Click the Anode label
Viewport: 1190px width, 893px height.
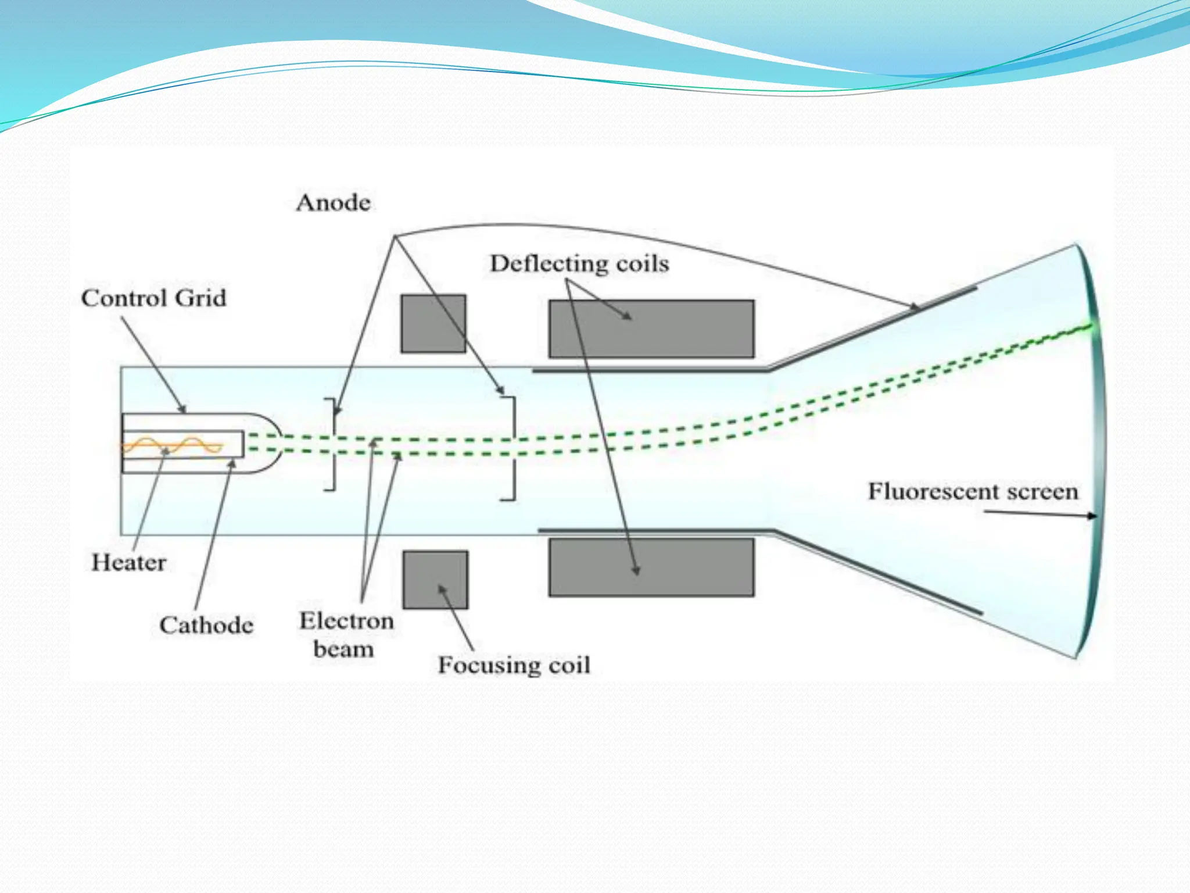pyautogui.click(x=333, y=203)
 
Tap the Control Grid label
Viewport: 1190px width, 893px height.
pyautogui.click(x=153, y=298)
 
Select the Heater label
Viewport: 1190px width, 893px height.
pyautogui.click(x=128, y=563)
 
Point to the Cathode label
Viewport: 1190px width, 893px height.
pyautogui.click(x=206, y=626)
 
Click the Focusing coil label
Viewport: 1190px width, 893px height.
pyautogui.click(x=514, y=665)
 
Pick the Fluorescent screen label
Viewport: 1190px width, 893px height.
pyautogui.click(x=973, y=492)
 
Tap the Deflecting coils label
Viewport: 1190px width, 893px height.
pyautogui.click(x=579, y=264)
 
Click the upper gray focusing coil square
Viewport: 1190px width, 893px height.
pyautogui.click(x=433, y=323)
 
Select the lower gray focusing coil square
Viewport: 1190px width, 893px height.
pyautogui.click(x=435, y=580)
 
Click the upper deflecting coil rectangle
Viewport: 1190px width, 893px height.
pyautogui.click(x=651, y=329)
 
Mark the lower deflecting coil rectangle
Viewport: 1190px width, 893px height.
pyautogui.click(x=651, y=567)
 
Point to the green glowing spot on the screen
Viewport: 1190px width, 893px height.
pyautogui.click(x=1090, y=328)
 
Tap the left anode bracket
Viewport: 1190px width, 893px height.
pyautogui.click(x=331, y=444)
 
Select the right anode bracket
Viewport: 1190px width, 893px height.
pyautogui.click(x=510, y=448)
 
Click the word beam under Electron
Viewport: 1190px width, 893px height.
pyautogui.click(x=343, y=649)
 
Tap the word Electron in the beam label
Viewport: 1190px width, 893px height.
pyautogui.click(x=346, y=621)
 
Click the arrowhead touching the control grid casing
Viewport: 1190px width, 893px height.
pyautogui.click(x=183, y=410)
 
